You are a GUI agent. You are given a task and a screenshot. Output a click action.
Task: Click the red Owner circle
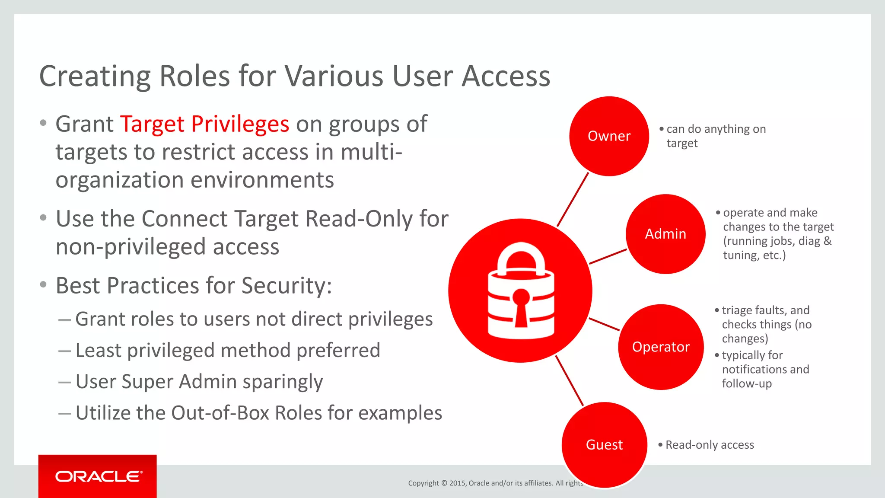tap(609, 136)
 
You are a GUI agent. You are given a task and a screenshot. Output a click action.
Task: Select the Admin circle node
tap(665, 234)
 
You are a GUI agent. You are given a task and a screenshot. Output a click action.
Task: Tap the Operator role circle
tap(661, 347)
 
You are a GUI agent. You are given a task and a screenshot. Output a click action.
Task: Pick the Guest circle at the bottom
tap(604, 444)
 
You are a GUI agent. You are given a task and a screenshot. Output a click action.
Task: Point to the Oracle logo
tap(98, 476)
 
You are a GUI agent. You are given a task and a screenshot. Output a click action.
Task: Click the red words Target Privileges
tap(204, 124)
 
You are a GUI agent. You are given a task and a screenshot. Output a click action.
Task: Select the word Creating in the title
tap(95, 77)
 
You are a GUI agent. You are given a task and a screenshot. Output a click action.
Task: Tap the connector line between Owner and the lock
tap(573, 199)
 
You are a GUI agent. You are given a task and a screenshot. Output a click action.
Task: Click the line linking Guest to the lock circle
tap(569, 380)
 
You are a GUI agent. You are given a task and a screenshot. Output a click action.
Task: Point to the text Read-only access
tap(710, 445)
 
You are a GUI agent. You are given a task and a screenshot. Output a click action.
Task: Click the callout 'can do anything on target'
tap(716, 136)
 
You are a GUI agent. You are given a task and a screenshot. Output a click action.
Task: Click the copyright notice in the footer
tap(495, 483)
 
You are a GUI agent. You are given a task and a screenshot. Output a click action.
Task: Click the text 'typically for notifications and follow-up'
tap(765, 369)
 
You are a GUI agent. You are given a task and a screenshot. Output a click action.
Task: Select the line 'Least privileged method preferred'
tap(228, 351)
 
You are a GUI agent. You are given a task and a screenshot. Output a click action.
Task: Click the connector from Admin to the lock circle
tap(608, 256)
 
